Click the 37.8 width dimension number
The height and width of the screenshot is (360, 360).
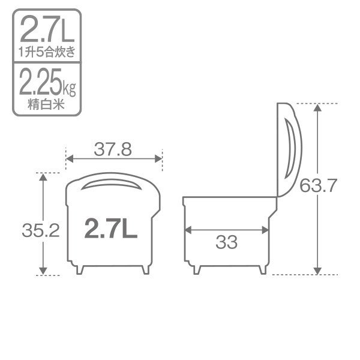(x=113, y=149)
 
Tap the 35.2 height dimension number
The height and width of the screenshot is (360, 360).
(x=41, y=230)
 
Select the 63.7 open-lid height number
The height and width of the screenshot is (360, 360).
(x=318, y=185)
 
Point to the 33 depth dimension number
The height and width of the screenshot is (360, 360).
(x=226, y=242)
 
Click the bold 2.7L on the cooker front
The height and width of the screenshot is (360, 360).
(x=110, y=228)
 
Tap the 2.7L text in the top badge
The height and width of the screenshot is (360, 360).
(x=47, y=29)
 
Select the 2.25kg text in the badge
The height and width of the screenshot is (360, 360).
(x=47, y=82)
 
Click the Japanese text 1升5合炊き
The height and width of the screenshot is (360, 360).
(x=47, y=52)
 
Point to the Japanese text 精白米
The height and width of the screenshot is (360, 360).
(x=46, y=104)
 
